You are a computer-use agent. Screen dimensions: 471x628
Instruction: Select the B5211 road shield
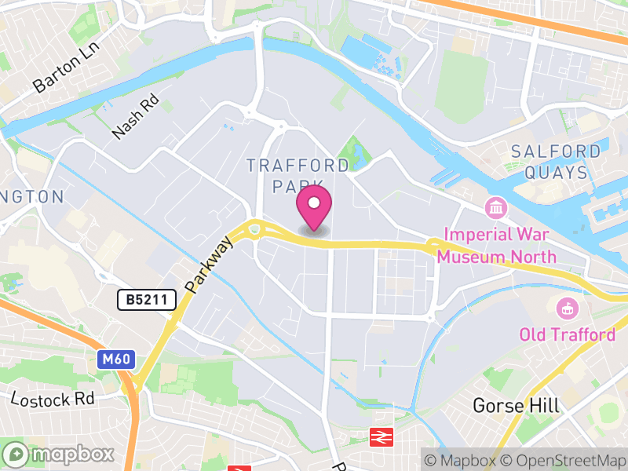(146, 299)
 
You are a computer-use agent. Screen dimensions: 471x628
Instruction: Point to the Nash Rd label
(136, 118)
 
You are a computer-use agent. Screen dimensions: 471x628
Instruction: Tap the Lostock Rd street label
(53, 398)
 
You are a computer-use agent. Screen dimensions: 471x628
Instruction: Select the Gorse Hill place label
(516, 405)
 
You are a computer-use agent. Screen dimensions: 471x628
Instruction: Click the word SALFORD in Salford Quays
(556, 152)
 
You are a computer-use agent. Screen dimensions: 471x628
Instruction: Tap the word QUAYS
(558, 173)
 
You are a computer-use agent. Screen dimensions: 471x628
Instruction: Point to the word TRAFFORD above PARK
(298, 166)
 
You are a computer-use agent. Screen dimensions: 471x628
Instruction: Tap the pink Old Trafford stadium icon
(565, 309)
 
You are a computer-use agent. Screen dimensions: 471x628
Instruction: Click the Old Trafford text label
(567, 335)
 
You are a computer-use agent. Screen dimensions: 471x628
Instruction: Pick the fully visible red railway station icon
(382, 436)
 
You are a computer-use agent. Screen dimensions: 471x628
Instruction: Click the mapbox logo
(60, 455)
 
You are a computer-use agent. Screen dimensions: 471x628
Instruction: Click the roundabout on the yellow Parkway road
(254, 230)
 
